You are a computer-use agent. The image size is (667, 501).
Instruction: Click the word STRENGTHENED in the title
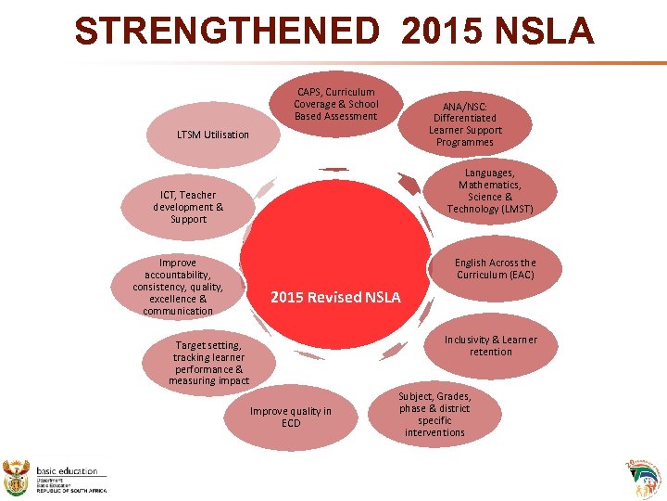[x=227, y=32]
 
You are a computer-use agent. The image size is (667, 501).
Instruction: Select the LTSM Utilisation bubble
[x=213, y=135]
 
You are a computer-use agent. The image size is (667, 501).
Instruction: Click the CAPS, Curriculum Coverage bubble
[x=336, y=105]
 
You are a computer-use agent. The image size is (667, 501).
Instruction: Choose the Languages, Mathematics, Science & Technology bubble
[x=490, y=191]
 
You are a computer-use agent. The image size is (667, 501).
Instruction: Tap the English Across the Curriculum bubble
[x=495, y=269]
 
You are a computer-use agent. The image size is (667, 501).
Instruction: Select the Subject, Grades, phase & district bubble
[x=434, y=414]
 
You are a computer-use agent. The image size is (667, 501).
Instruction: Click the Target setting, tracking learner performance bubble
[x=208, y=363]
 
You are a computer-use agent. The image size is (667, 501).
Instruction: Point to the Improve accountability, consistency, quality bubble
[x=178, y=287]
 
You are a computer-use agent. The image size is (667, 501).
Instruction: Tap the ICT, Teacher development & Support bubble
[x=188, y=207]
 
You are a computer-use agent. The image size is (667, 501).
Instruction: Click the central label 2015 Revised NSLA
[x=335, y=298]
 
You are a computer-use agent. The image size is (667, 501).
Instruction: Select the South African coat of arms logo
[x=18, y=478]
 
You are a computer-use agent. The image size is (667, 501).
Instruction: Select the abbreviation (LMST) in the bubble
[x=516, y=209]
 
